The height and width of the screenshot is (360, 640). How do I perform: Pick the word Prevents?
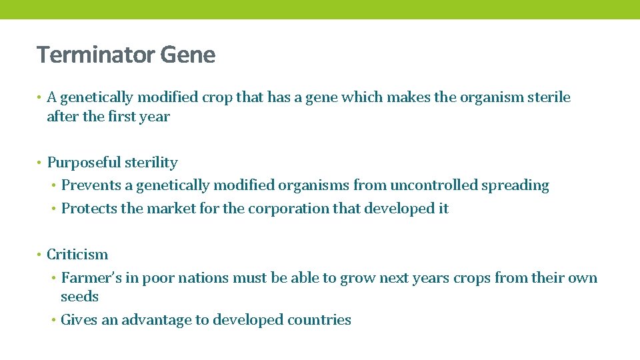tap(88, 185)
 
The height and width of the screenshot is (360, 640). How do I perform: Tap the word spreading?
tap(516, 186)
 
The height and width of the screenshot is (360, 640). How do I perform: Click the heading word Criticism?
tap(77, 255)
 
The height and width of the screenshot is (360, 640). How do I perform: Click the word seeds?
tap(79, 297)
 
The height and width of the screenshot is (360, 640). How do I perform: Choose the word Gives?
tap(78, 320)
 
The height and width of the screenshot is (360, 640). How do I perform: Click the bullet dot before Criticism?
tap(41, 255)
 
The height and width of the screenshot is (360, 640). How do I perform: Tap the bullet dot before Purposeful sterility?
tap(41, 163)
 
